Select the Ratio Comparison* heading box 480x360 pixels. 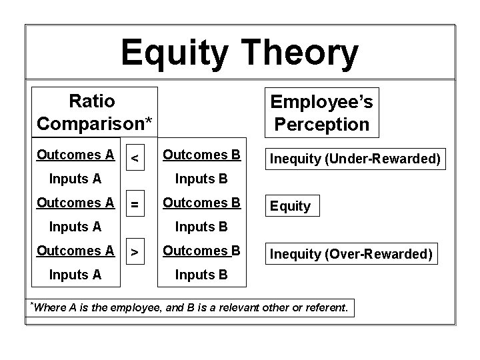pyautogui.click(x=95, y=112)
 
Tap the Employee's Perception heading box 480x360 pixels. pyautogui.click(x=321, y=112)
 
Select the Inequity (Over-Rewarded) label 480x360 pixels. pyautogui.click(x=351, y=254)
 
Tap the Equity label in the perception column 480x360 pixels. pyautogui.click(x=291, y=206)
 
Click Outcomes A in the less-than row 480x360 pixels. pyautogui.click(x=75, y=155)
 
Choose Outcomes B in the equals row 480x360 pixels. pyautogui.click(x=201, y=203)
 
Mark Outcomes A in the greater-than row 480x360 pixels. pyautogui.click(x=75, y=251)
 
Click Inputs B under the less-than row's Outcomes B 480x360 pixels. pyautogui.click(x=201, y=178)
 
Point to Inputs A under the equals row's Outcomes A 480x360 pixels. pyautogui.click(x=76, y=227)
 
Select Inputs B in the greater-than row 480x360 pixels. pyautogui.click(x=201, y=275)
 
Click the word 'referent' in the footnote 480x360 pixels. pyautogui.click(x=325, y=307)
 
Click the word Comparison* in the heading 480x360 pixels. pyautogui.click(x=95, y=123)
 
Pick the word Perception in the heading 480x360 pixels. pyautogui.click(x=321, y=124)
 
